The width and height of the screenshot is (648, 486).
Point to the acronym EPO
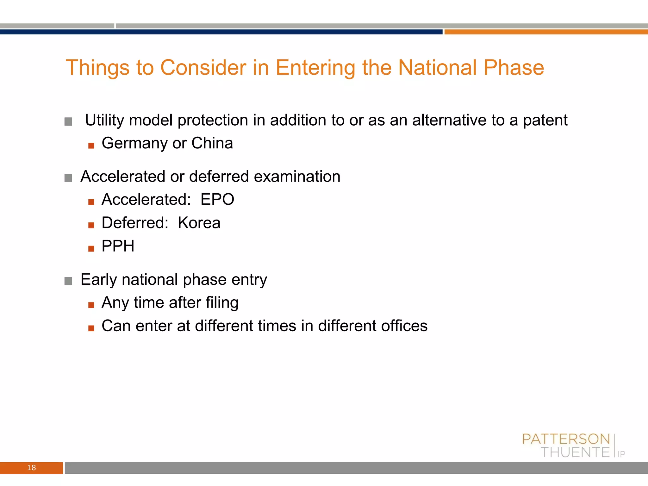pyautogui.click(x=217, y=199)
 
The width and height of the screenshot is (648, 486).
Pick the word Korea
pyautogui.click(x=199, y=223)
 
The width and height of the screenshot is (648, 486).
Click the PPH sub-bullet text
pyautogui.click(x=118, y=246)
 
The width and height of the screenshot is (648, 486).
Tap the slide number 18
pyautogui.click(x=31, y=468)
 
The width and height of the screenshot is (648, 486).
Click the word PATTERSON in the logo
pyautogui.click(x=566, y=439)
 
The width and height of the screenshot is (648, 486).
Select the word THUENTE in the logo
pyautogui.click(x=575, y=452)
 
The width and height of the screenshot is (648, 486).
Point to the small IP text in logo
pyautogui.click(x=621, y=454)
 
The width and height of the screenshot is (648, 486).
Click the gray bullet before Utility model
pyautogui.click(x=68, y=121)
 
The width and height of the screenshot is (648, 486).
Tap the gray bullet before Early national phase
pyautogui.click(x=68, y=281)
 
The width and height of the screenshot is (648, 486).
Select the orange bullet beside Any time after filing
pyautogui.click(x=91, y=305)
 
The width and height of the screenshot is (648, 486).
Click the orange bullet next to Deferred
pyautogui.click(x=91, y=225)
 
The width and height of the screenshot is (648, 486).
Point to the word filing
pyautogui.click(x=222, y=303)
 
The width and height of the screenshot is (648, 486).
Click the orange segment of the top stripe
pyautogui.click(x=546, y=32)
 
